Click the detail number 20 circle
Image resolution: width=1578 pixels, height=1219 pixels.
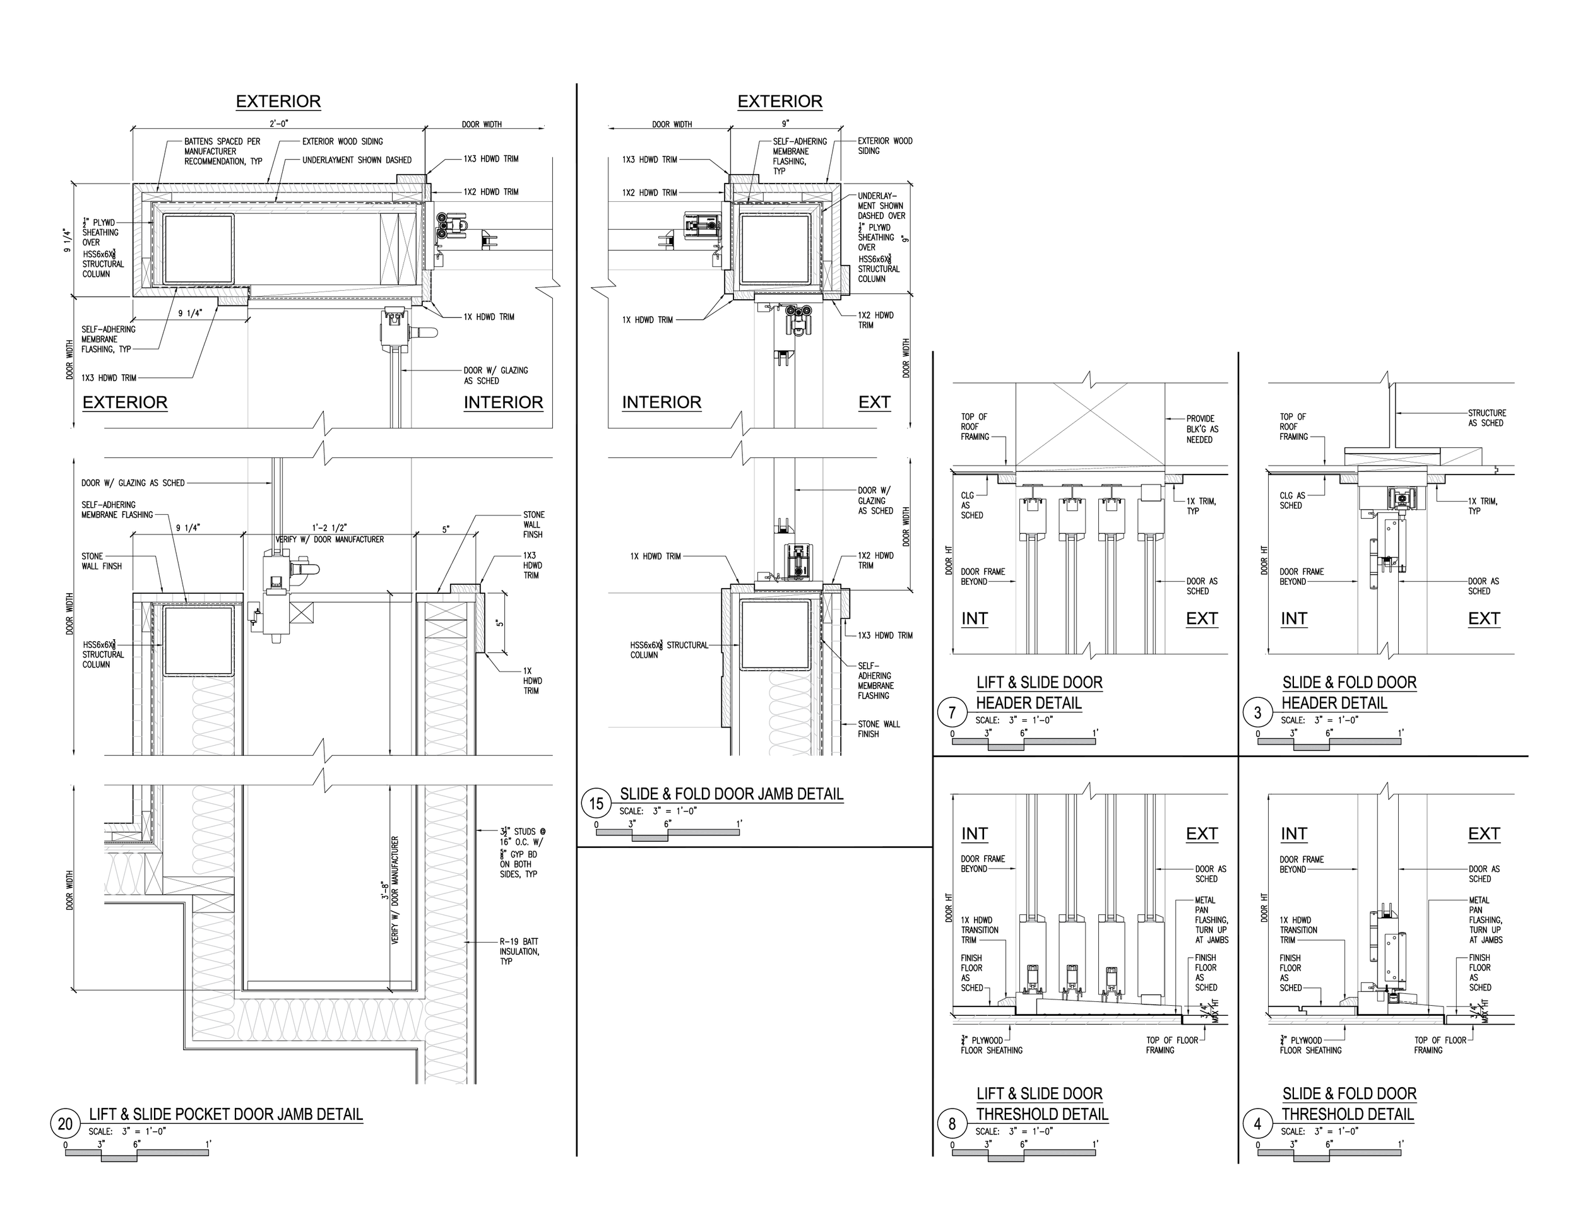(x=65, y=1124)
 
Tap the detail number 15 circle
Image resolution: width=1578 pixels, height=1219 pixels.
(x=596, y=804)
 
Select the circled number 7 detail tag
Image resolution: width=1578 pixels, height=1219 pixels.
(x=952, y=713)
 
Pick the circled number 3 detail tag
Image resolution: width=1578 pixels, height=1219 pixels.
(x=1257, y=713)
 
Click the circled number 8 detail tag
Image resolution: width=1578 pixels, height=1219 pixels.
(x=952, y=1124)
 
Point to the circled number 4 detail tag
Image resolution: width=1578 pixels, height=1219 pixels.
(x=1257, y=1124)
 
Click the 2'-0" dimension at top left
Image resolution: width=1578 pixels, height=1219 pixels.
(x=279, y=124)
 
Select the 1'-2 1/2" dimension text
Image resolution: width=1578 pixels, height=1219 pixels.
(x=329, y=528)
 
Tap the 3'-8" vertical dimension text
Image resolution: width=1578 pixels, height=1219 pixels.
(x=386, y=890)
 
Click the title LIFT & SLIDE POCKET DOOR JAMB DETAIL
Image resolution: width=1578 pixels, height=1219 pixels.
(x=225, y=1114)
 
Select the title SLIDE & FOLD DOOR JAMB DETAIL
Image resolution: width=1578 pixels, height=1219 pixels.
(x=731, y=794)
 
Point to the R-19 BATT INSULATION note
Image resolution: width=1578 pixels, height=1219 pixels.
(x=519, y=951)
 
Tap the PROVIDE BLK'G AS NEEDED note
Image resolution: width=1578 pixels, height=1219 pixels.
(x=1202, y=429)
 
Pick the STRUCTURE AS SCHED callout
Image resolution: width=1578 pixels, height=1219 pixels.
(x=1486, y=418)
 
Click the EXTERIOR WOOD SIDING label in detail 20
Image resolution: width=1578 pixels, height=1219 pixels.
(x=343, y=141)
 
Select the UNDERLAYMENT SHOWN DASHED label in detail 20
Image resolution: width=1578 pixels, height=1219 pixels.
(x=357, y=160)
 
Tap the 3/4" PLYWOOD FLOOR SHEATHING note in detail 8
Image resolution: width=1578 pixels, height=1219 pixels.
(x=992, y=1045)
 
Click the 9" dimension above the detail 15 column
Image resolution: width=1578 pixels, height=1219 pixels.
(x=785, y=124)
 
